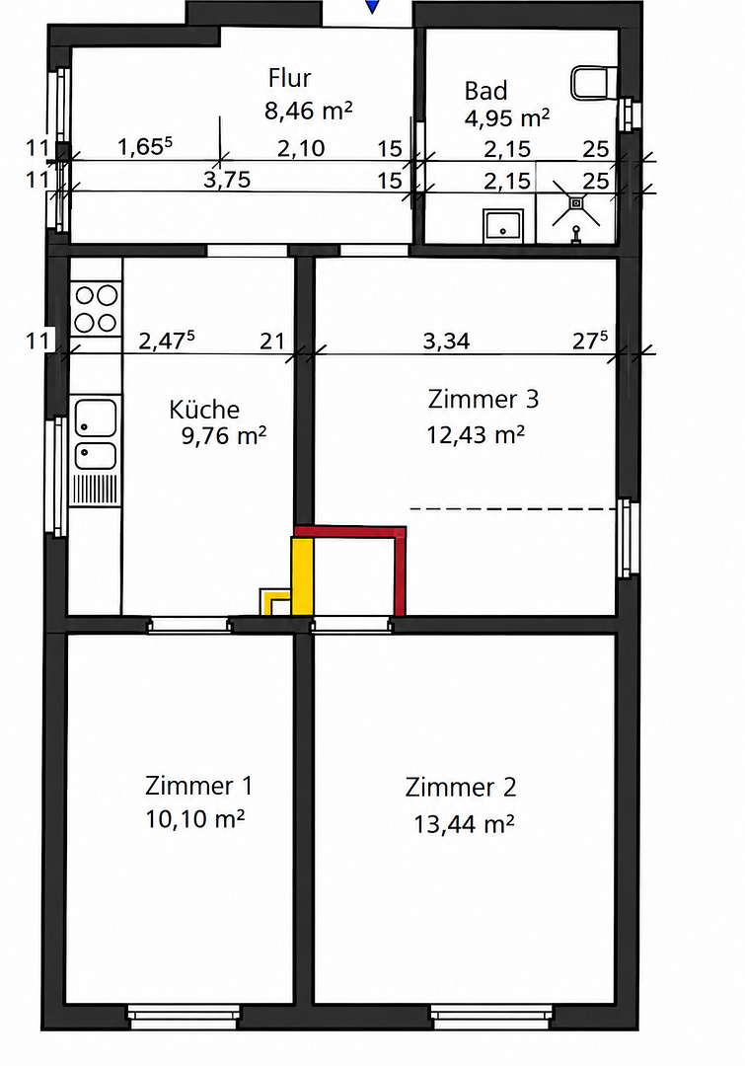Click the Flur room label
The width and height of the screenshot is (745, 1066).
pyautogui.click(x=289, y=78)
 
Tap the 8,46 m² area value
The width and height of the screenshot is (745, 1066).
pyautogui.click(x=309, y=111)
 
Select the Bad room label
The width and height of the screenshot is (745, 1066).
pyautogui.click(x=486, y=91)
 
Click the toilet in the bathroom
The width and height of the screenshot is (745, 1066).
pyautogui.click(x=593, y=82)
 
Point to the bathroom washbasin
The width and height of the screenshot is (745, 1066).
pyautogui.click(x=503, y=226)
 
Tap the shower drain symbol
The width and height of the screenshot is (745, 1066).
pyautogui.click(x=576, y=202)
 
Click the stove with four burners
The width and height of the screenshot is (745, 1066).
pyautogui.click(x=96, y=309)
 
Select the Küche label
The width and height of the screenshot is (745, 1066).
pyautogui.click(x=204, y=410)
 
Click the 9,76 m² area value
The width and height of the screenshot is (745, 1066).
pyautogui.click(x=224, y=436)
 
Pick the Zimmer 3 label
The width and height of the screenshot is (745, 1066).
pyautogui.click(x=484, y=399)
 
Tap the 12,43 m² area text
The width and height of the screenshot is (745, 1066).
pyautogui.click(x=476, y=434)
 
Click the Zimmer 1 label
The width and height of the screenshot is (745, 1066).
pyautogui.click(x=198, y=786)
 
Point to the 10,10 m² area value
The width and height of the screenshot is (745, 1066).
pyautogui.click(x=194, y=819)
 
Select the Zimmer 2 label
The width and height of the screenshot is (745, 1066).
pyautogui.click(x=461, y=788)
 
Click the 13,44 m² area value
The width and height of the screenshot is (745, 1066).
pyautogui.click(x=464, y=824)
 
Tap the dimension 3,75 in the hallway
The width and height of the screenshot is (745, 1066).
pyautogui.click(x=227, y=181)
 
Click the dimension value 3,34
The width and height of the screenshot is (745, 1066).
pyautogui.click(x=446, y=341)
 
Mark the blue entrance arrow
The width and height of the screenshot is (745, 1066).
pyautogui.click(x=372, y=6)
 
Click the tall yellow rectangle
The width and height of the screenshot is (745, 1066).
pyautogui.click(x=303, y=576)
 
